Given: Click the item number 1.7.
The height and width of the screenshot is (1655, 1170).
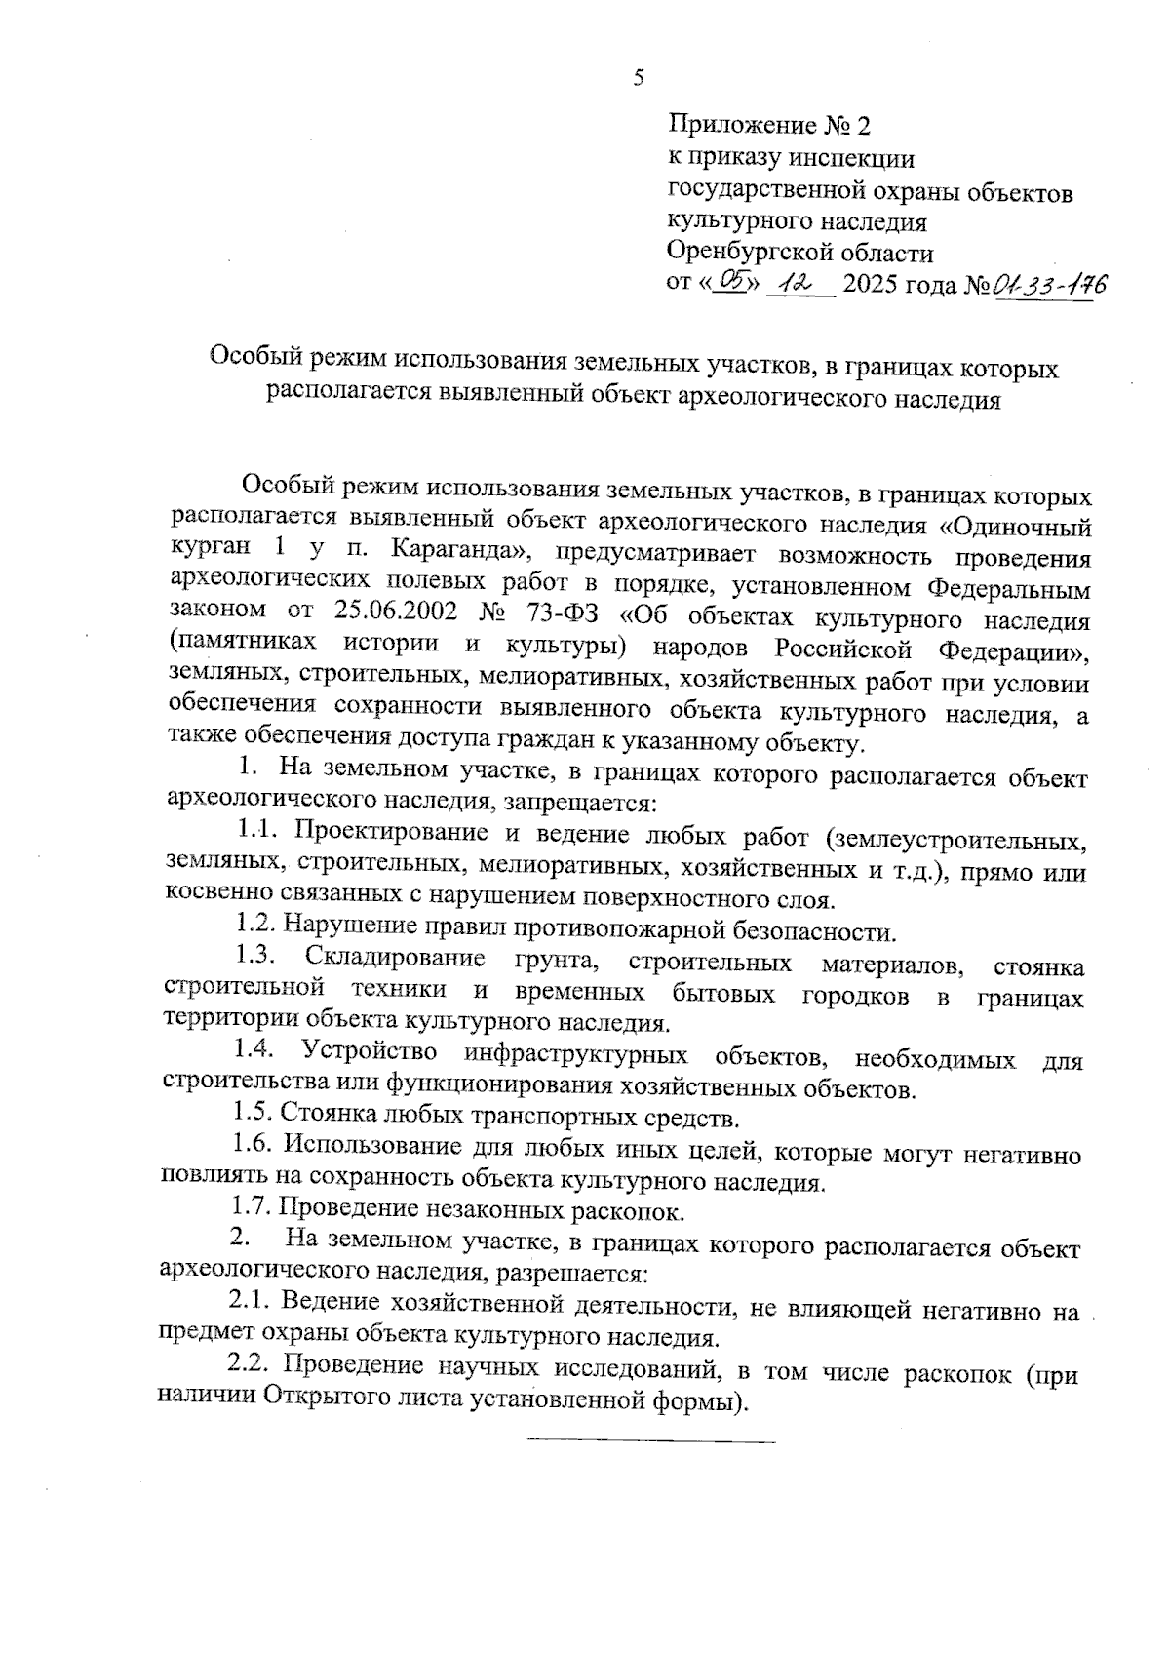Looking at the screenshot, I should click(252, 1209).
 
